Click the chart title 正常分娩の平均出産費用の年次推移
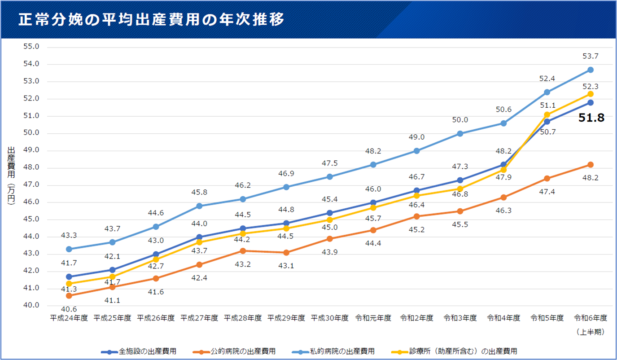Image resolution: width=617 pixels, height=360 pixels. click(151, 20)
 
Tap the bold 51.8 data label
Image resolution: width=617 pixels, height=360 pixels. click(591, 118)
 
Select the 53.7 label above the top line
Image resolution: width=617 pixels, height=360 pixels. click(591, 57)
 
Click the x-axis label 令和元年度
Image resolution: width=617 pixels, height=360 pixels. click(373, 318)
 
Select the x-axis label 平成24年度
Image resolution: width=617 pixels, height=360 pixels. click(69, 318)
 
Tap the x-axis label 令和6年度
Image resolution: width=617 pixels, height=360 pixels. click(591, 318)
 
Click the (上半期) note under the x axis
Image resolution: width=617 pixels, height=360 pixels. click(591, 332)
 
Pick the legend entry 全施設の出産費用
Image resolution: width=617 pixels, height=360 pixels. click(144, 351)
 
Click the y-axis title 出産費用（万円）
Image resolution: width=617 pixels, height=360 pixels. click(11, 175)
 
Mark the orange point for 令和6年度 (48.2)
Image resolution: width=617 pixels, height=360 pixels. click(591, 165)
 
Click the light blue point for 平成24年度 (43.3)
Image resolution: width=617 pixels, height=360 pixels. click(69, 249)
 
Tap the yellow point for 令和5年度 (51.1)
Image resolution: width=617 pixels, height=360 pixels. click(547, 115)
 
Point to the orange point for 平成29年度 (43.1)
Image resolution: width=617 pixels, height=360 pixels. click(286, 253)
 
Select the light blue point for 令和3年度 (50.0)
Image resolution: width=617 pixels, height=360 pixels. click(460, 133)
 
